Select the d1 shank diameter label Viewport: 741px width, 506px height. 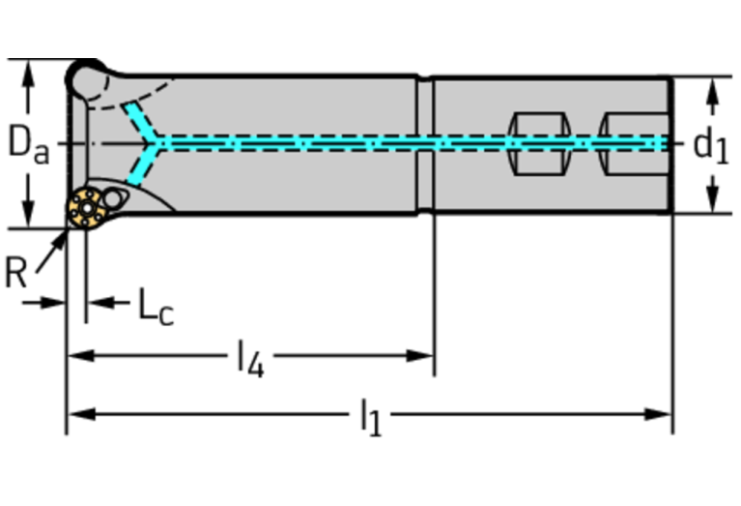[710, 145]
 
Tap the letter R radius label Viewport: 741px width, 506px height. [15, 274]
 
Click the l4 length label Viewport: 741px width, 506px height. [250, 359]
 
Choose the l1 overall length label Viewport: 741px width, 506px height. [370, 418]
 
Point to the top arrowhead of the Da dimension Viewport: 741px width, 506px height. [29, 70]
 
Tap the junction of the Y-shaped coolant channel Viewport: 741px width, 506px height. [159, 143]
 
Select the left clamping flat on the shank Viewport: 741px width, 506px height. [538, 144]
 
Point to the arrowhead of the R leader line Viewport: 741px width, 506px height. [64, 236]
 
